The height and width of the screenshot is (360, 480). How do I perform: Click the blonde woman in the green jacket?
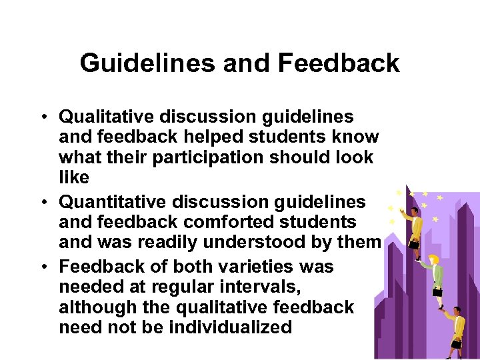437,273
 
